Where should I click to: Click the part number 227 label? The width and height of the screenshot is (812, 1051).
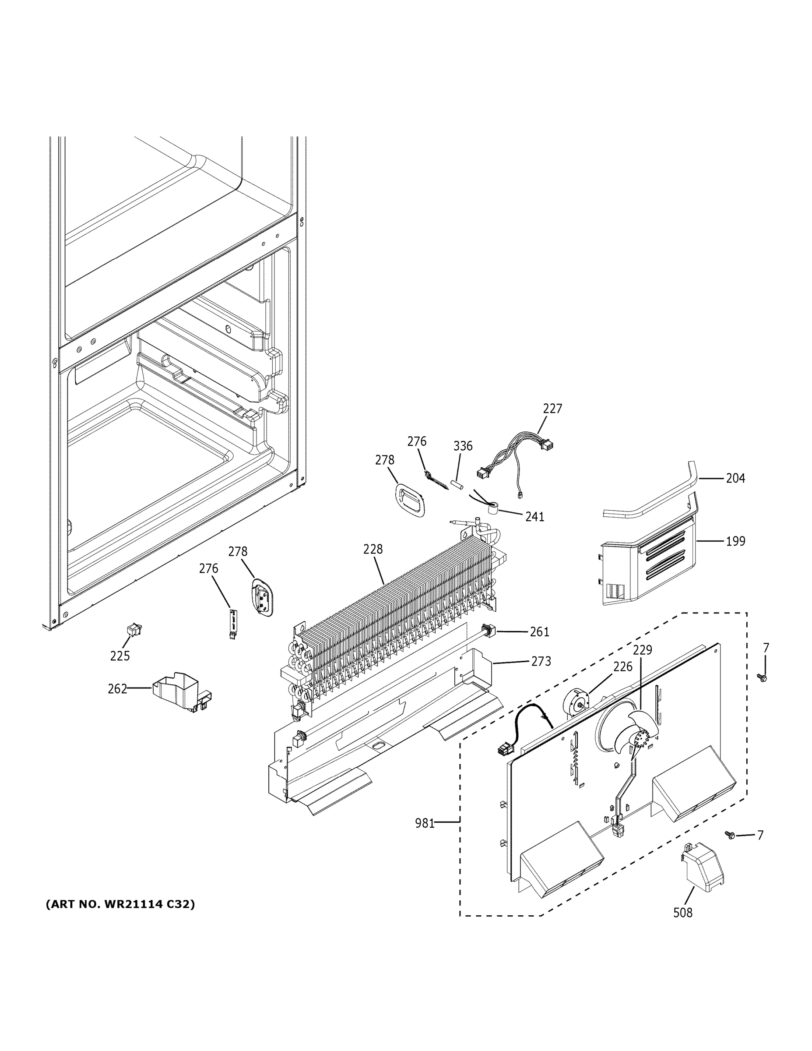click(552, 409)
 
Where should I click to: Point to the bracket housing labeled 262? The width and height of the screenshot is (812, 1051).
click(178, 692)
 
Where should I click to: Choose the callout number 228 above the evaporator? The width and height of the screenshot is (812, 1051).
click(373, 549)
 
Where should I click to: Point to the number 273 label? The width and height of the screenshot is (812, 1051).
click(541, 662)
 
